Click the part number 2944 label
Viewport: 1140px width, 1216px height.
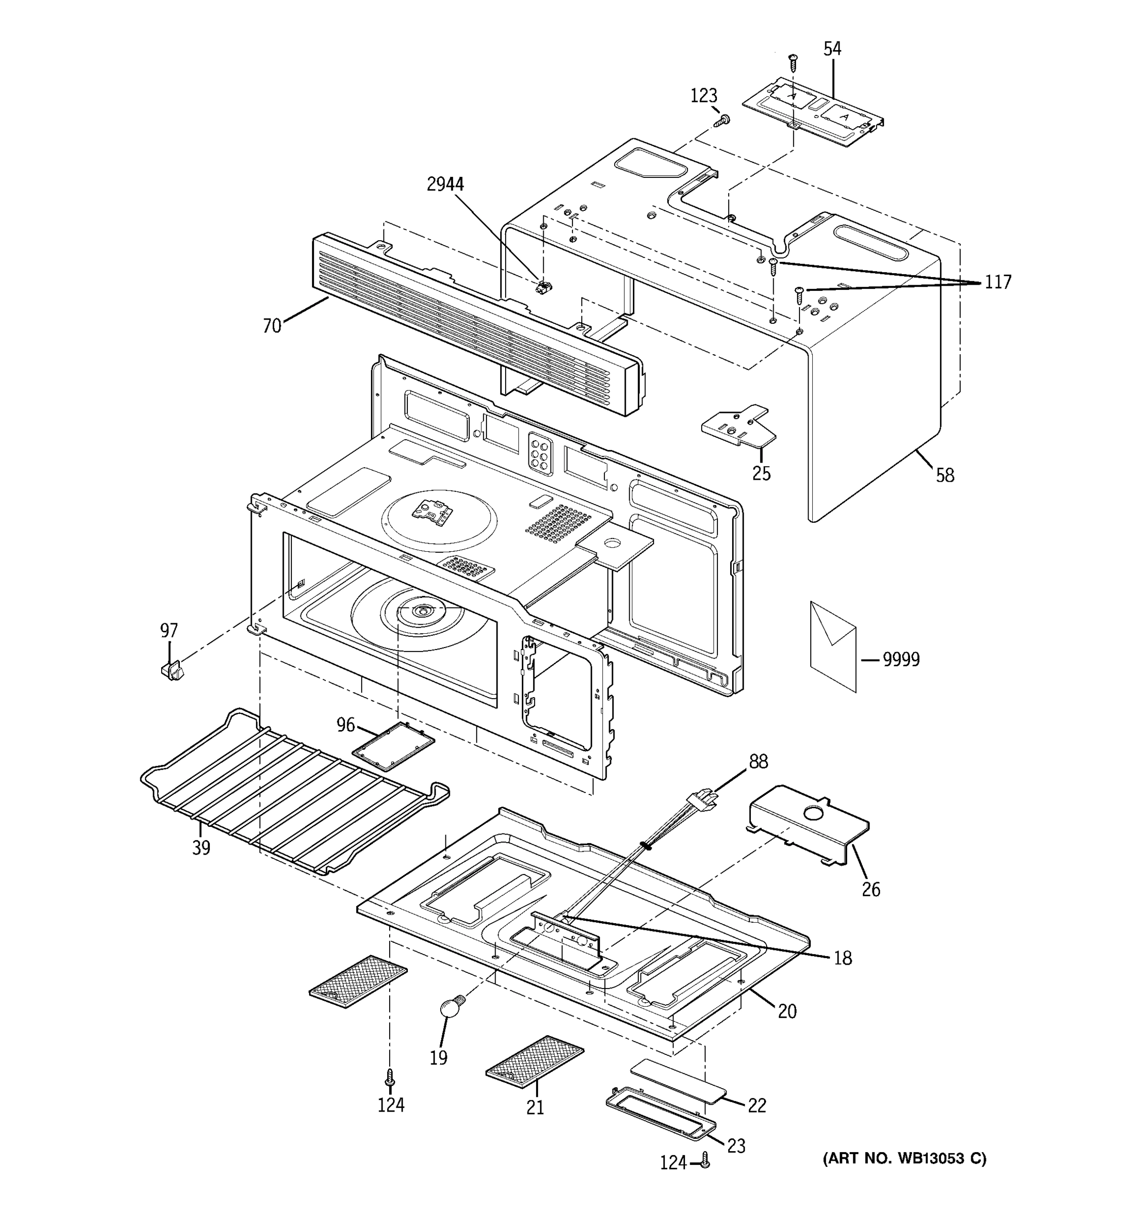pos(445,184)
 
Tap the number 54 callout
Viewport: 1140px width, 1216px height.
pos(832,49)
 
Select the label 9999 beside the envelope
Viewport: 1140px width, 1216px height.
pos(901,659)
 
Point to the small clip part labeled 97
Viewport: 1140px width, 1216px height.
pos(172,670)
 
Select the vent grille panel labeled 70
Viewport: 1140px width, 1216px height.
pos(477,324)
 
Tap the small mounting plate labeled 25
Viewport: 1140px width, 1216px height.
pos(738,425)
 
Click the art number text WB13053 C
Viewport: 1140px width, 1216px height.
pos(904,1159)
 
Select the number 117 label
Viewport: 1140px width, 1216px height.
pos(998,282)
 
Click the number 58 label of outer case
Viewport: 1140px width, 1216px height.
pos(944,475)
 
